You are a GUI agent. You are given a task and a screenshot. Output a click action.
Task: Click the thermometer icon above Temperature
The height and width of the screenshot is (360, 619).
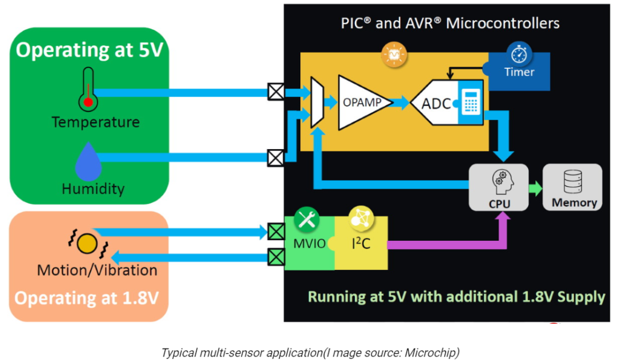88,89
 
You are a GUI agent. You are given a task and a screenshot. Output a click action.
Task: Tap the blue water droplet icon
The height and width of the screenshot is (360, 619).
88,162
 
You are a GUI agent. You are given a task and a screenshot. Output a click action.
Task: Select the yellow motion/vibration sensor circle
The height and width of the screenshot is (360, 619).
87,243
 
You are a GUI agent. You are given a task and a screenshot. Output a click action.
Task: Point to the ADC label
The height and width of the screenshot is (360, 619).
436,104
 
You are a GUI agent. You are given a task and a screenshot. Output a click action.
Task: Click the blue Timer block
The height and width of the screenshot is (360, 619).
519,72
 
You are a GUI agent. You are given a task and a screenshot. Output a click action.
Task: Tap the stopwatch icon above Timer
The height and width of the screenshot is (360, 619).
519,54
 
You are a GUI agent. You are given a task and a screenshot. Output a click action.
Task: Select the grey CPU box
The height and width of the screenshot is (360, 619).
499,187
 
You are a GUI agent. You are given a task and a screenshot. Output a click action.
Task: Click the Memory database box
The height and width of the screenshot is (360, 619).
573,187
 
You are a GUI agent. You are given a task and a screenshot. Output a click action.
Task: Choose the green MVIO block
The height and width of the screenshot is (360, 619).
309,243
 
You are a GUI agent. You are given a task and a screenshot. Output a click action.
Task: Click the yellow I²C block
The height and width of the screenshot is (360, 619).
361,243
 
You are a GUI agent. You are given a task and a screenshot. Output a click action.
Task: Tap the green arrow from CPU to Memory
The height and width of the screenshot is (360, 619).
536,188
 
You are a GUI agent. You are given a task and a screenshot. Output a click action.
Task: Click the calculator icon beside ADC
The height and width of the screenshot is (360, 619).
471,101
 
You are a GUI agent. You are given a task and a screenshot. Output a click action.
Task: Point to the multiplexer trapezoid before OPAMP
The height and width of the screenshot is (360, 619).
317,102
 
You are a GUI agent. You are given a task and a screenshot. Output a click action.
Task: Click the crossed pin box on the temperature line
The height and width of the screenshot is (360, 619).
276,92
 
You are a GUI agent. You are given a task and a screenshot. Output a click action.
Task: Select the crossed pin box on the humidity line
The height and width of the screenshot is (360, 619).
276,158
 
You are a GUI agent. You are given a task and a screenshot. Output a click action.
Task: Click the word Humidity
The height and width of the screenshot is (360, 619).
93,189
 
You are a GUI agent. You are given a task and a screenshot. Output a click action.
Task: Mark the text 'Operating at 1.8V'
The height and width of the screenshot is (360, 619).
87,298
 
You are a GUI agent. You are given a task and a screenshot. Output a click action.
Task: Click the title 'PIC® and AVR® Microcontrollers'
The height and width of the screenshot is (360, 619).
450,24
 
